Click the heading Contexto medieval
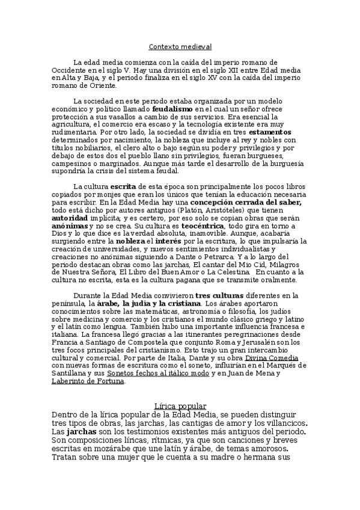point(180,46)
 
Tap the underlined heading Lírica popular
point(180,406)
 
